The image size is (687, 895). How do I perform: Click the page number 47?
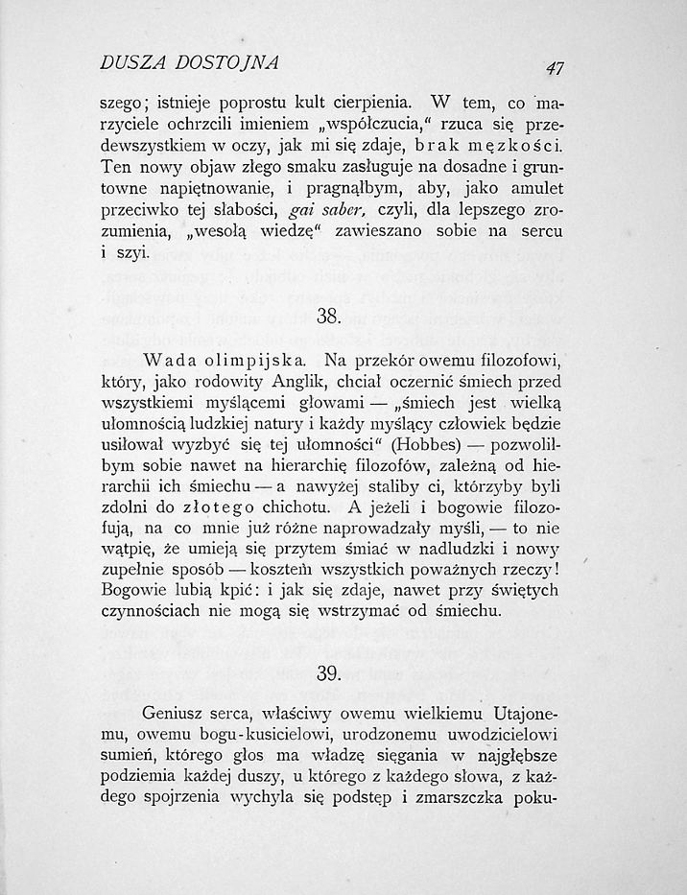(x=554, y=67)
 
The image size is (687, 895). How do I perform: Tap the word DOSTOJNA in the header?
(x=229, y=64)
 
